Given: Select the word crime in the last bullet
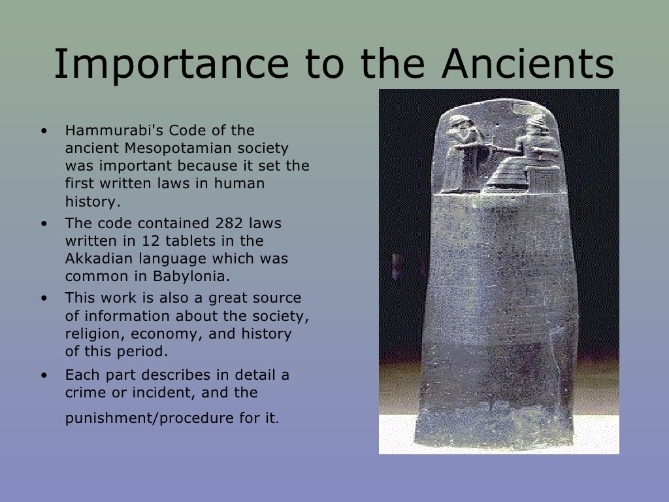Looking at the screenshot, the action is (83, 393).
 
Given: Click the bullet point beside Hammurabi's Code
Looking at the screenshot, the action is (44, 131).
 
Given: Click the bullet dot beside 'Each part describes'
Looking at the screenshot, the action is (44, 376).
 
